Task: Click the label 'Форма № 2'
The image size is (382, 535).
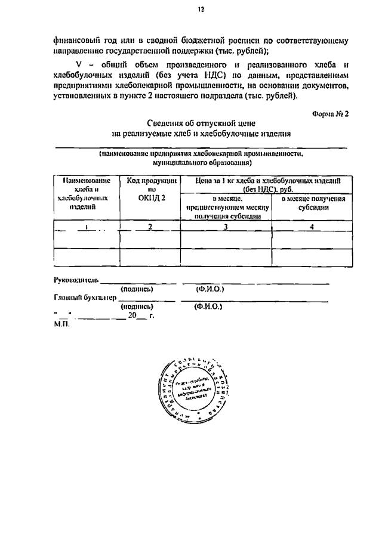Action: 329,113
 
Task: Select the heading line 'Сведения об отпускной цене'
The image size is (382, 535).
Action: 202,124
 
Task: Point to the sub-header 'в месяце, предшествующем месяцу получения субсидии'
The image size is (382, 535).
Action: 227,207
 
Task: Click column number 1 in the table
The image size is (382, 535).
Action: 87,227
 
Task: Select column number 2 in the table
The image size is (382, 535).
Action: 150,227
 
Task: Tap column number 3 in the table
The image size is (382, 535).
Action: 226,227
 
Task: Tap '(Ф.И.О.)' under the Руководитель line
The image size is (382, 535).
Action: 210,289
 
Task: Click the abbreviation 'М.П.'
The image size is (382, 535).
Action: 61,326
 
